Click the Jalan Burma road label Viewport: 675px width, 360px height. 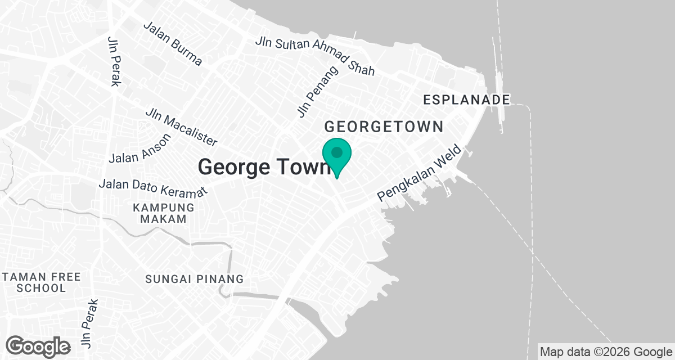(x=173, y=44)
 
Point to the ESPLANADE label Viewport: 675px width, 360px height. (x=466, y=100)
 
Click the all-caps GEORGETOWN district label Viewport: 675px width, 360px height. (x=384, y=127)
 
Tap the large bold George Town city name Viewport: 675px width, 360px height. (x=263, y=167)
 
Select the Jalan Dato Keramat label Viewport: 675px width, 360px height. (x=153, y=184)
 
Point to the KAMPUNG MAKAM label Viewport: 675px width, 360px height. (x=163, y=213)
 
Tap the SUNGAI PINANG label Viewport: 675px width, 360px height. (x=195, y=279)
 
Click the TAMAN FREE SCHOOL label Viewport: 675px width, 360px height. (x=41, y=282)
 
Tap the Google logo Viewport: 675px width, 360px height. (x=38, y=346)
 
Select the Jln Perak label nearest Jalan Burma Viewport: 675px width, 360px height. (x=114, y=62)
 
